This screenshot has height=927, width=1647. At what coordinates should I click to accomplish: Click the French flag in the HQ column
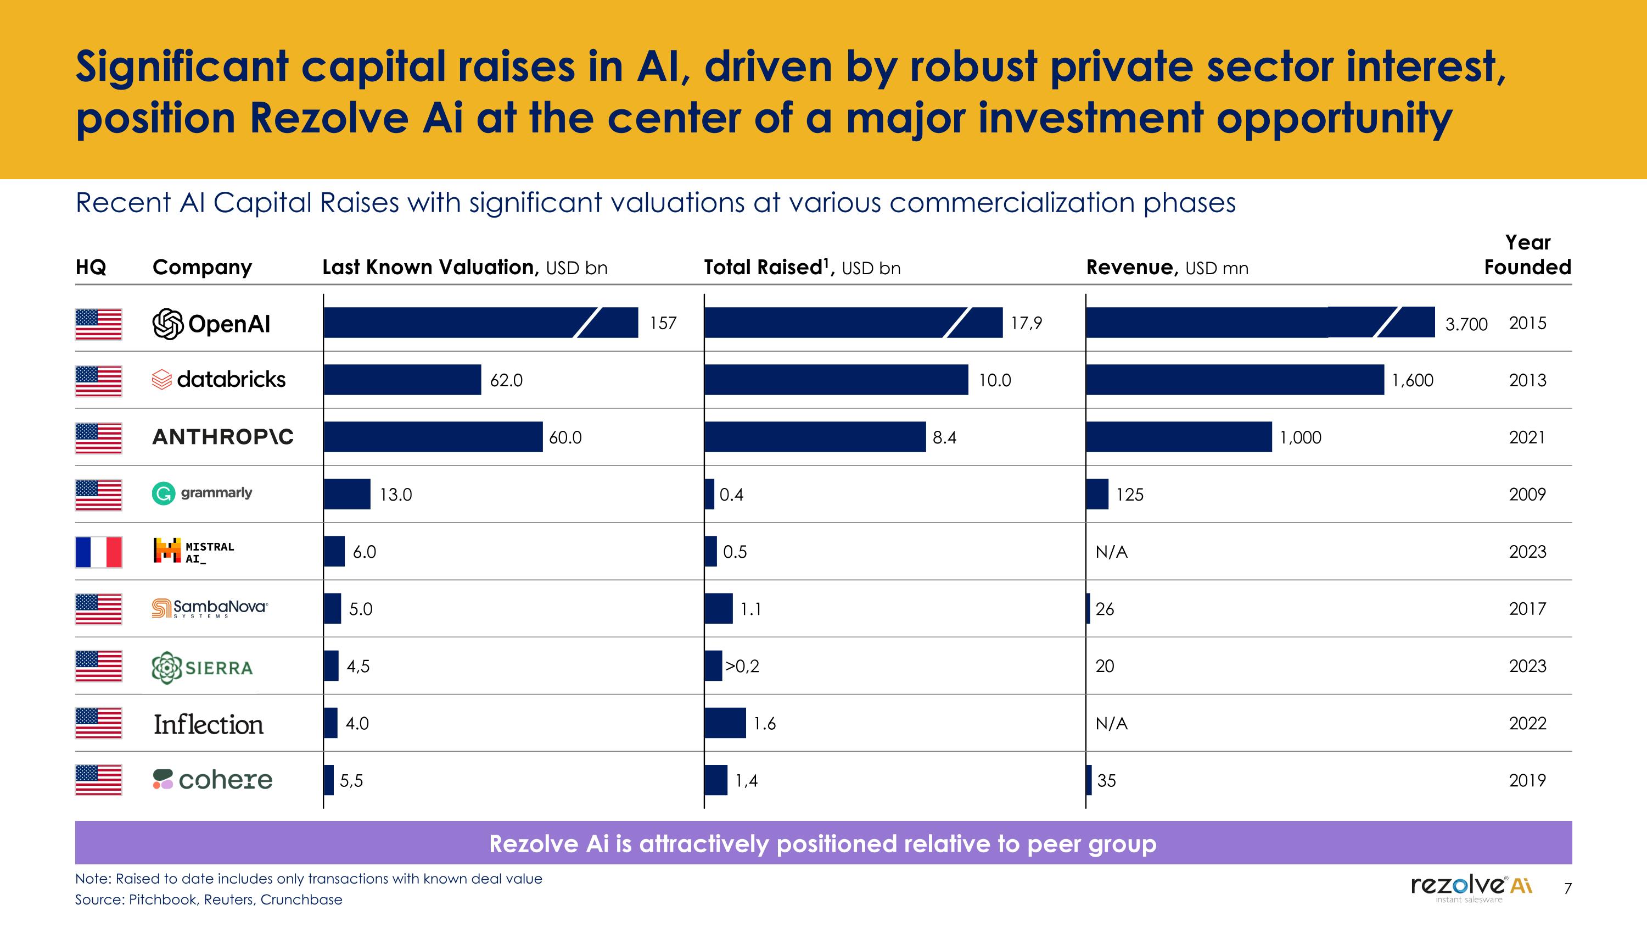(98, 552)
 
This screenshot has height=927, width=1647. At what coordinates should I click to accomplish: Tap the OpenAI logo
(211, 324)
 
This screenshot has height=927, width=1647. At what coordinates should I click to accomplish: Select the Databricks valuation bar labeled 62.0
(402, 380)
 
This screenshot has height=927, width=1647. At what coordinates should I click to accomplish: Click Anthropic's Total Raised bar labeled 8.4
(815, 437)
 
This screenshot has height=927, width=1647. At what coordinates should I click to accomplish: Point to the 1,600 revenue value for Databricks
(1413, 381)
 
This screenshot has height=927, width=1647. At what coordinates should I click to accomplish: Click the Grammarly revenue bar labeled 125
(1097, 494)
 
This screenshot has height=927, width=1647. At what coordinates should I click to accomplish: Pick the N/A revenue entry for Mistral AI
(1111, 552)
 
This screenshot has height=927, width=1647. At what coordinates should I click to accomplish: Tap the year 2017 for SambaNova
(1527, 608)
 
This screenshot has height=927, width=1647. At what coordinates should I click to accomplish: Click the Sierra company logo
(202, 667)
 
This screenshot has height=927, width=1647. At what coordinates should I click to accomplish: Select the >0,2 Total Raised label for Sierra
(742, 666)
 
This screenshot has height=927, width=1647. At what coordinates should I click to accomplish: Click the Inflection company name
(209, 724)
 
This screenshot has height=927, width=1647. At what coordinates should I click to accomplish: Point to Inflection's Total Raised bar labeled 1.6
(725, 723)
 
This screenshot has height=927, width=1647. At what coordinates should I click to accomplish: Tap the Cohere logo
(212, 780)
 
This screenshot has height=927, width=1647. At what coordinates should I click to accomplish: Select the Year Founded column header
(1527, 254)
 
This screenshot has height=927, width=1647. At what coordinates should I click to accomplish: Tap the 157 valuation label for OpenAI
(663, 323)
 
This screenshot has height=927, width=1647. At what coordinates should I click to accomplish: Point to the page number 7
(1567, 888)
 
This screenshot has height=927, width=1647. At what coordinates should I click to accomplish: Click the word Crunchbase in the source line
(301, 900)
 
